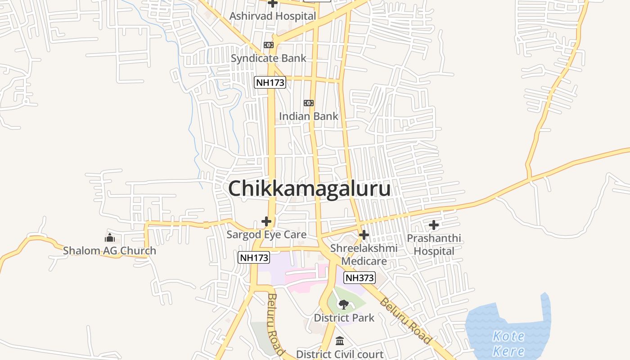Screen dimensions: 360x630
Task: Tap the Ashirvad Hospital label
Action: pos(273,16)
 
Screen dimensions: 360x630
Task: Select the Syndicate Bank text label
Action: pos(268,58)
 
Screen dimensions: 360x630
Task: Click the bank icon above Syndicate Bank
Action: pos(269,45)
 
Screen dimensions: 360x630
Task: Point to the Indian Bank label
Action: pos(308,116)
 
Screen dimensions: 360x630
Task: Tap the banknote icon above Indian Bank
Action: pos(309,103)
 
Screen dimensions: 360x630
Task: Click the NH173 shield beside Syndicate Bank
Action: pos(270,82)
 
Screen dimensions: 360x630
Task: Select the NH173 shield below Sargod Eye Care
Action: pos(254,258)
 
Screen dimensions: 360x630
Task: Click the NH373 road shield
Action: pos(360,278)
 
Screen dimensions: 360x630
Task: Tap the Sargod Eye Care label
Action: pos(266,234)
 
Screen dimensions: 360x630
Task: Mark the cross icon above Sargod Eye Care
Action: pos(266,221)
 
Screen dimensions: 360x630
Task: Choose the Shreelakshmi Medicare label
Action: pos(364,255)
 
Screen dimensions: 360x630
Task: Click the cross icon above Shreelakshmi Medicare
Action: pos(364,235)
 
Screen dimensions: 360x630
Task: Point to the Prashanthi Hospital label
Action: pos(434,244)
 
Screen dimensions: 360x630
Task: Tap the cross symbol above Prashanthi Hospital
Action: pos(434,225)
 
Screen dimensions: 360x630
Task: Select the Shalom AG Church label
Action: pos(109,251)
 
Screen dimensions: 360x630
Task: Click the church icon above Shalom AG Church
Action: pos(110,238)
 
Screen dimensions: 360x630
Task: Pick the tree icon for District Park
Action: pos(344,305)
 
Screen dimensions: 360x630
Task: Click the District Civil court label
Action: pos(340,355)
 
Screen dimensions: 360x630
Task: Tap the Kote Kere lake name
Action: pos(508,343)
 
